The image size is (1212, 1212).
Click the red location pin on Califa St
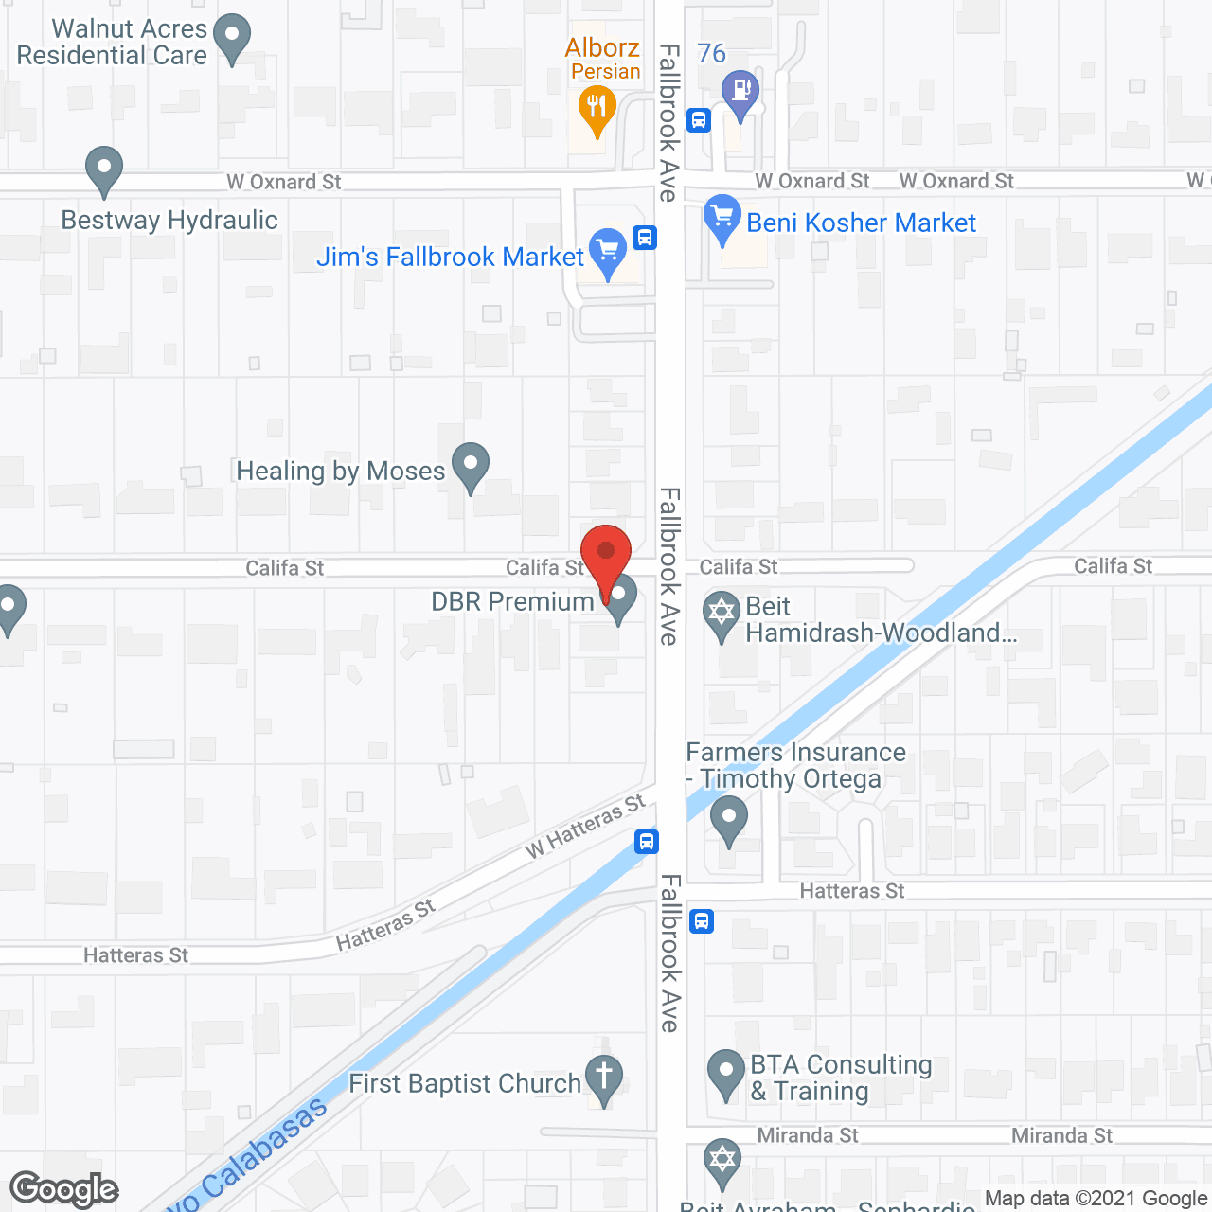tap(606, 553)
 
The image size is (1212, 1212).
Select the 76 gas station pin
tap(740, 92)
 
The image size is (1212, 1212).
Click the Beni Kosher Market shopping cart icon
tap(722, 217)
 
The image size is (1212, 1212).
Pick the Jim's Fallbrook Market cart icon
tap(608, 251)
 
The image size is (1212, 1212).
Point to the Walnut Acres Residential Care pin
tap(232, 38)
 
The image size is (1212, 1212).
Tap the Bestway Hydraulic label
tap(169, 221)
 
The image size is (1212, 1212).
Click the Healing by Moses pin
tap(470, 465)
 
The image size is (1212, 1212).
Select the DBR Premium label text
tap(512, 602)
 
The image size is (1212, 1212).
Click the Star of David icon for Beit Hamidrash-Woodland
tap(722, 614)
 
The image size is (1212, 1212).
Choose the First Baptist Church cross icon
tap(603, 1077)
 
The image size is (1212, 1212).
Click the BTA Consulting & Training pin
tap(726, 1072)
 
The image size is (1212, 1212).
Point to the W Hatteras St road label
tap(585, 827)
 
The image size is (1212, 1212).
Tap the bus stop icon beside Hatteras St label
tap(702, 920)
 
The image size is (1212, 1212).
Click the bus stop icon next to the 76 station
tap(699, 120)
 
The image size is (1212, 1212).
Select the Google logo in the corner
tap(64, 1189)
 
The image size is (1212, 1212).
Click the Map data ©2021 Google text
tap(1096, 1199)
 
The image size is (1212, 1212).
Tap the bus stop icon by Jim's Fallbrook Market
tap(645, 237)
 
